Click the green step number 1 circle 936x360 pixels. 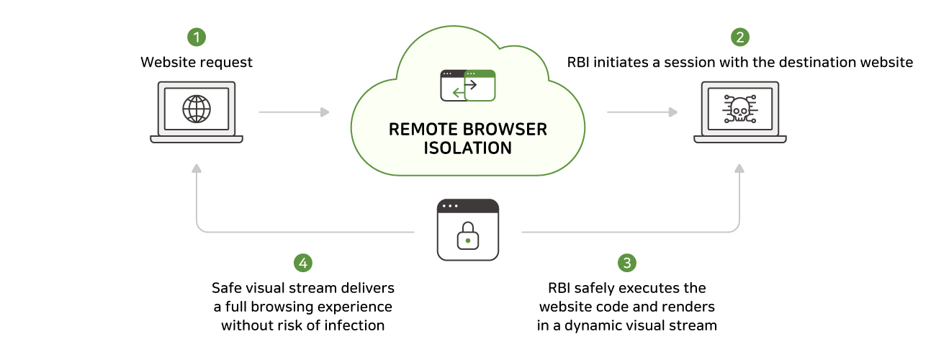click(197, 37)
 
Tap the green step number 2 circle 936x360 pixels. click(739, 37)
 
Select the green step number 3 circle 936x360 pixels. click(627, 263)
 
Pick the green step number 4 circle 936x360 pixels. click(303, 263)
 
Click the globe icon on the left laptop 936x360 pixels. click(197, 109)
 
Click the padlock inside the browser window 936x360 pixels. click(468, 238)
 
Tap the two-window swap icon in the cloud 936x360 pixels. click(468, 85)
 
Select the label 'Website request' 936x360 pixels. click(197, 63)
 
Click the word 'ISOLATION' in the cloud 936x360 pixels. click(468, 148)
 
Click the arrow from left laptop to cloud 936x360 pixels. click(294, 112)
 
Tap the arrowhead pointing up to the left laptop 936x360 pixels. click(197, 169)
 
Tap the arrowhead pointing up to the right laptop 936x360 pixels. click(739, 169)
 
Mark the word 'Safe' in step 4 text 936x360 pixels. click(226, 288)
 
